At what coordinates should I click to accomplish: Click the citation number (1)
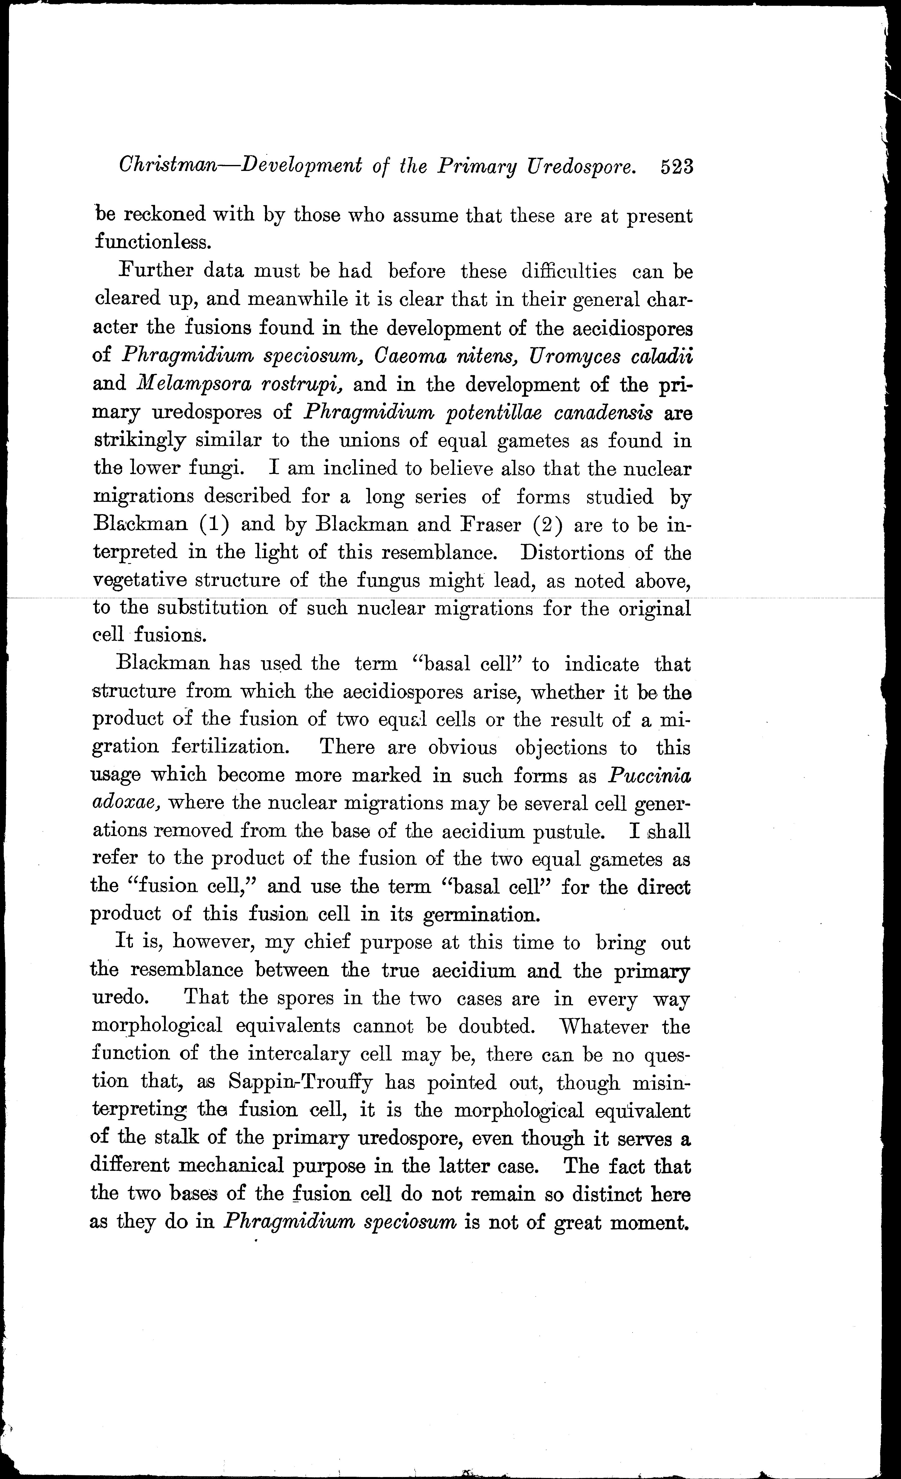(x=214, y=525)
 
